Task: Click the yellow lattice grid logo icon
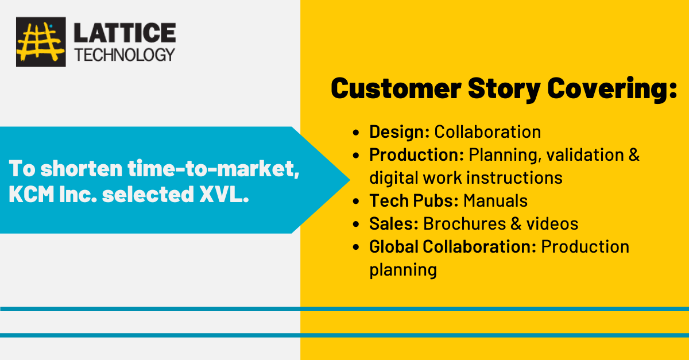(41, 42)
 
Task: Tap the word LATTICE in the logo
(125, 33)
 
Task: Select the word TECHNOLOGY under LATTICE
(125, 55)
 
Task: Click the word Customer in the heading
(396, 88)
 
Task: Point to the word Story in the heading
(504, 89)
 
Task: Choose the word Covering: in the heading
(612, 89)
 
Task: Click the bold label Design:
(399, 131)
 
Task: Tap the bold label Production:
(416, 154)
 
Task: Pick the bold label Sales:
(394, 223)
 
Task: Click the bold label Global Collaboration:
(453, 246)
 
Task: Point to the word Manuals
(496, 200)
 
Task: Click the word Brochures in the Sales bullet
(465, 223)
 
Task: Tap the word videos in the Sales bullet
(552, 223)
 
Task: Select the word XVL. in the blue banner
(224, 194)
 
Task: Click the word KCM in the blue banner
(32, 194)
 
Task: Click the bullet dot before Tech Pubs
(356, 202)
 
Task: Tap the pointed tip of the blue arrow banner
(350, 180)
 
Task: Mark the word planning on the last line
(403, 270)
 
